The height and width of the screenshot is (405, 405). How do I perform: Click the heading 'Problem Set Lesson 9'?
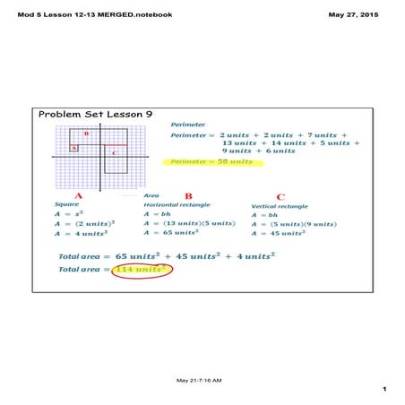coord(96,115)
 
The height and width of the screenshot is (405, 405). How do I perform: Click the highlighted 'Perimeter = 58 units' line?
coord(200,161)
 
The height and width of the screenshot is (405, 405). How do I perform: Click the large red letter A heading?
coord(78,195)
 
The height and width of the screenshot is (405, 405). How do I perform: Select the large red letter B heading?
coord(187,195)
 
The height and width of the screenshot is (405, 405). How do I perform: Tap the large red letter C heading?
coord(280,196)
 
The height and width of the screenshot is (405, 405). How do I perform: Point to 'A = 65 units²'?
coord(172,232)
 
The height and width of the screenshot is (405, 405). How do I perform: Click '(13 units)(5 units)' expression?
coord(194,223)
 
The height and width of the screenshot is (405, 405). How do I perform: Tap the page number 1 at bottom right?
coord(382,389)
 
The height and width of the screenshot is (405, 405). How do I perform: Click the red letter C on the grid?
coord(114,153)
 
